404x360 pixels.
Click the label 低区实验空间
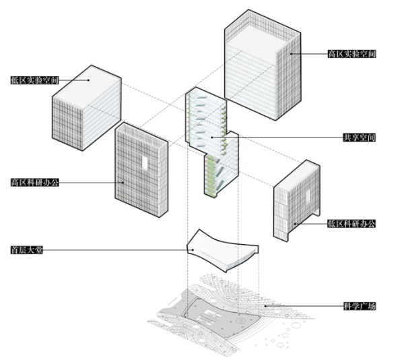[34, 80]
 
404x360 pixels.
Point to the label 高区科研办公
[34, 182]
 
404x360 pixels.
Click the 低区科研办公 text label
[351, 223]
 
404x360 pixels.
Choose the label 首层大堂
[27, 250]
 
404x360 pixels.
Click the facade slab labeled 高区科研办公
[140, 172]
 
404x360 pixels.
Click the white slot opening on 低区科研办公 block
[306, 196]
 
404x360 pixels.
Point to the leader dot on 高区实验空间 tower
[291, 53]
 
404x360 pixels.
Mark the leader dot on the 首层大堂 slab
[193, 250]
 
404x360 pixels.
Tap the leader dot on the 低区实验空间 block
[88, 80]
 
